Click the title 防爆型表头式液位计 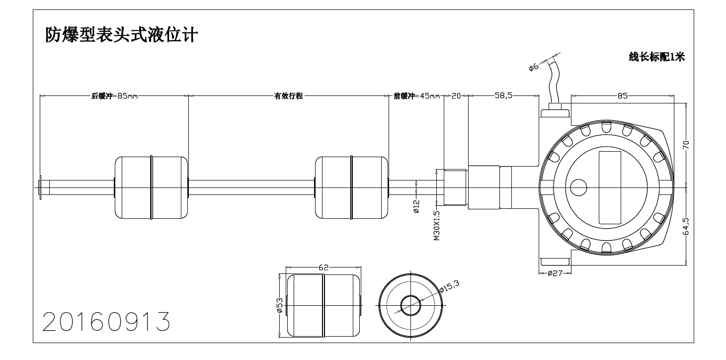click(x=122, y=35)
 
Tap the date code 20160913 click(x=106, y=322)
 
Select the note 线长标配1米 click(x=657, y=57)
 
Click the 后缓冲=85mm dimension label click(x=114, y=96)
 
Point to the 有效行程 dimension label click(x=289, y=96)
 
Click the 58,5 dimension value click(x=503, y=96)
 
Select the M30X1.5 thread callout click(x=437, y=225)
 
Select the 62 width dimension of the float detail click(x=323, y=268)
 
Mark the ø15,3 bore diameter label click(x=449, y=286)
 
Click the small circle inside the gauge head click(x=578, y=187)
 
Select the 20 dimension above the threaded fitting click(x=456, y=96)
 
